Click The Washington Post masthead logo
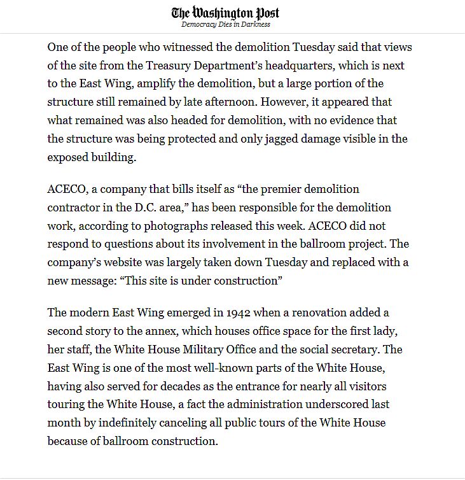(x=225, y=13)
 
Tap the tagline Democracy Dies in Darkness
(x=225, y=25)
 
